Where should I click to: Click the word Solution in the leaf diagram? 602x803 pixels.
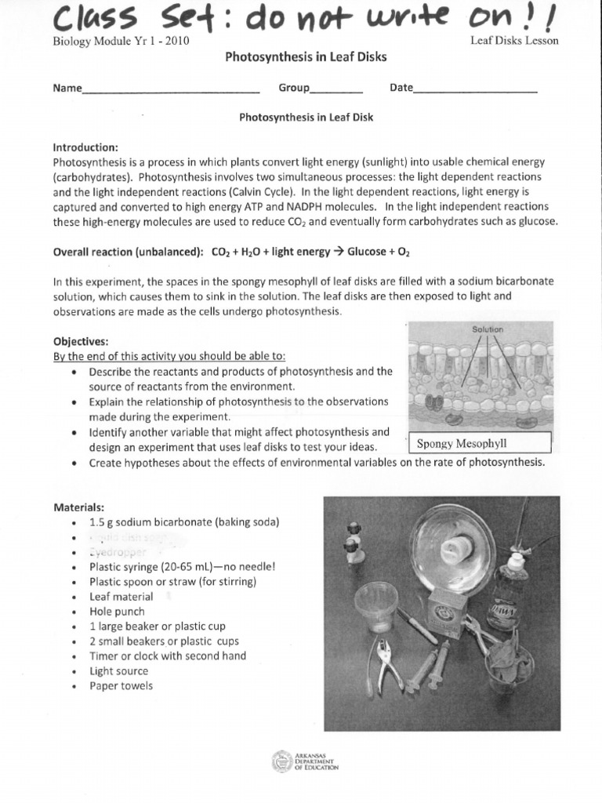point(487,329)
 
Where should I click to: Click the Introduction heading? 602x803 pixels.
point(85,147)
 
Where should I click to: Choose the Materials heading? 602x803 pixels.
point(78,507)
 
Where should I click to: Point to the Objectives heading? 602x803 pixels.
point(81,342)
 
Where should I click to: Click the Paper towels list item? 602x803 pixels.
point(121,686)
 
